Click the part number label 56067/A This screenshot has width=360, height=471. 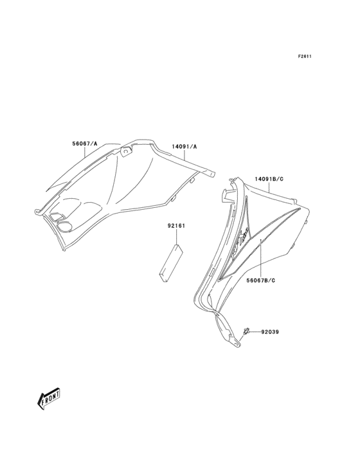(x=85, y=144)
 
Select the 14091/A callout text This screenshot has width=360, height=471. (x=184, y=147)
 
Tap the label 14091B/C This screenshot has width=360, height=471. (x=269, y=180)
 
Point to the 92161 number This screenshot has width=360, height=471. (x=176, y=226)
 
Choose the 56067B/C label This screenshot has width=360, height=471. (x=261, y=281)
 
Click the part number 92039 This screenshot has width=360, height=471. (x=270, y=332)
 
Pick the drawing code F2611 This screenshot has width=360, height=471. (x=304, y=56)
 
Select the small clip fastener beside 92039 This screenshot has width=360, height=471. (x=246, y=331)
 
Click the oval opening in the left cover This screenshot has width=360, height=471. (x=64, y=226)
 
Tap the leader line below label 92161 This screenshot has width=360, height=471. (x=176, y=237)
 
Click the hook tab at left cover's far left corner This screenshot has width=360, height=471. (x=37, y=212)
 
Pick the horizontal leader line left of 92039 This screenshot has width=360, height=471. (x=255, y=332)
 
